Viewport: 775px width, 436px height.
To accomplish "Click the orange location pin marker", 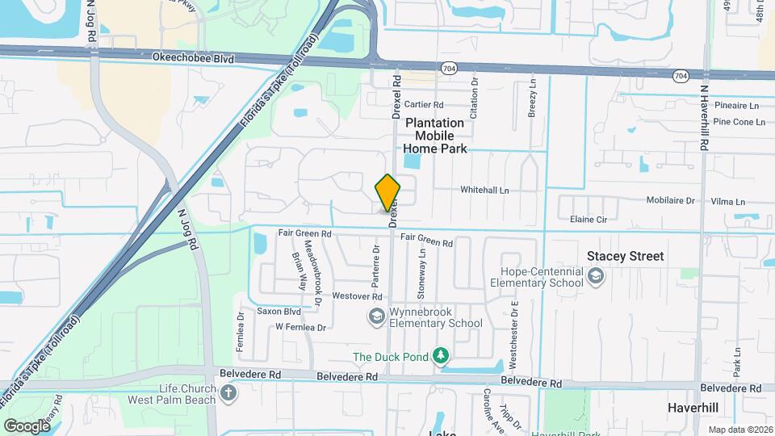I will point(387,193).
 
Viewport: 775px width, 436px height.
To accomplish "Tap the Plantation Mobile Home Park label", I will point(434,136).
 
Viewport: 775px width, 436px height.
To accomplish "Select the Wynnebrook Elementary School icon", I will point(376,317).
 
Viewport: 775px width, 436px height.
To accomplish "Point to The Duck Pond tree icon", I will point(440,356).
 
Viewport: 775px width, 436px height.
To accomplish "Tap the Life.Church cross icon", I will point(229,394).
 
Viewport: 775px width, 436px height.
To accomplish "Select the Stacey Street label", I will point(625,256).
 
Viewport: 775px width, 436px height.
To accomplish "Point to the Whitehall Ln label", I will point(484,191).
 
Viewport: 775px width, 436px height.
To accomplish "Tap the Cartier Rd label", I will point(424,105).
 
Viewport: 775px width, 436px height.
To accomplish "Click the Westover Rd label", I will point(356,296).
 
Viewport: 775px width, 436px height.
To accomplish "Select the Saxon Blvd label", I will point(279,311).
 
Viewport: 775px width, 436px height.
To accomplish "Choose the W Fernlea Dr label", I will point(300,327).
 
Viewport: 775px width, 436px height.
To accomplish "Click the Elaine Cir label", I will point(588,219).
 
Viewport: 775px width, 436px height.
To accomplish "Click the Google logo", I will point(26,426).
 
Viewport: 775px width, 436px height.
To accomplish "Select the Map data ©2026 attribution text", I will point(739,430).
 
